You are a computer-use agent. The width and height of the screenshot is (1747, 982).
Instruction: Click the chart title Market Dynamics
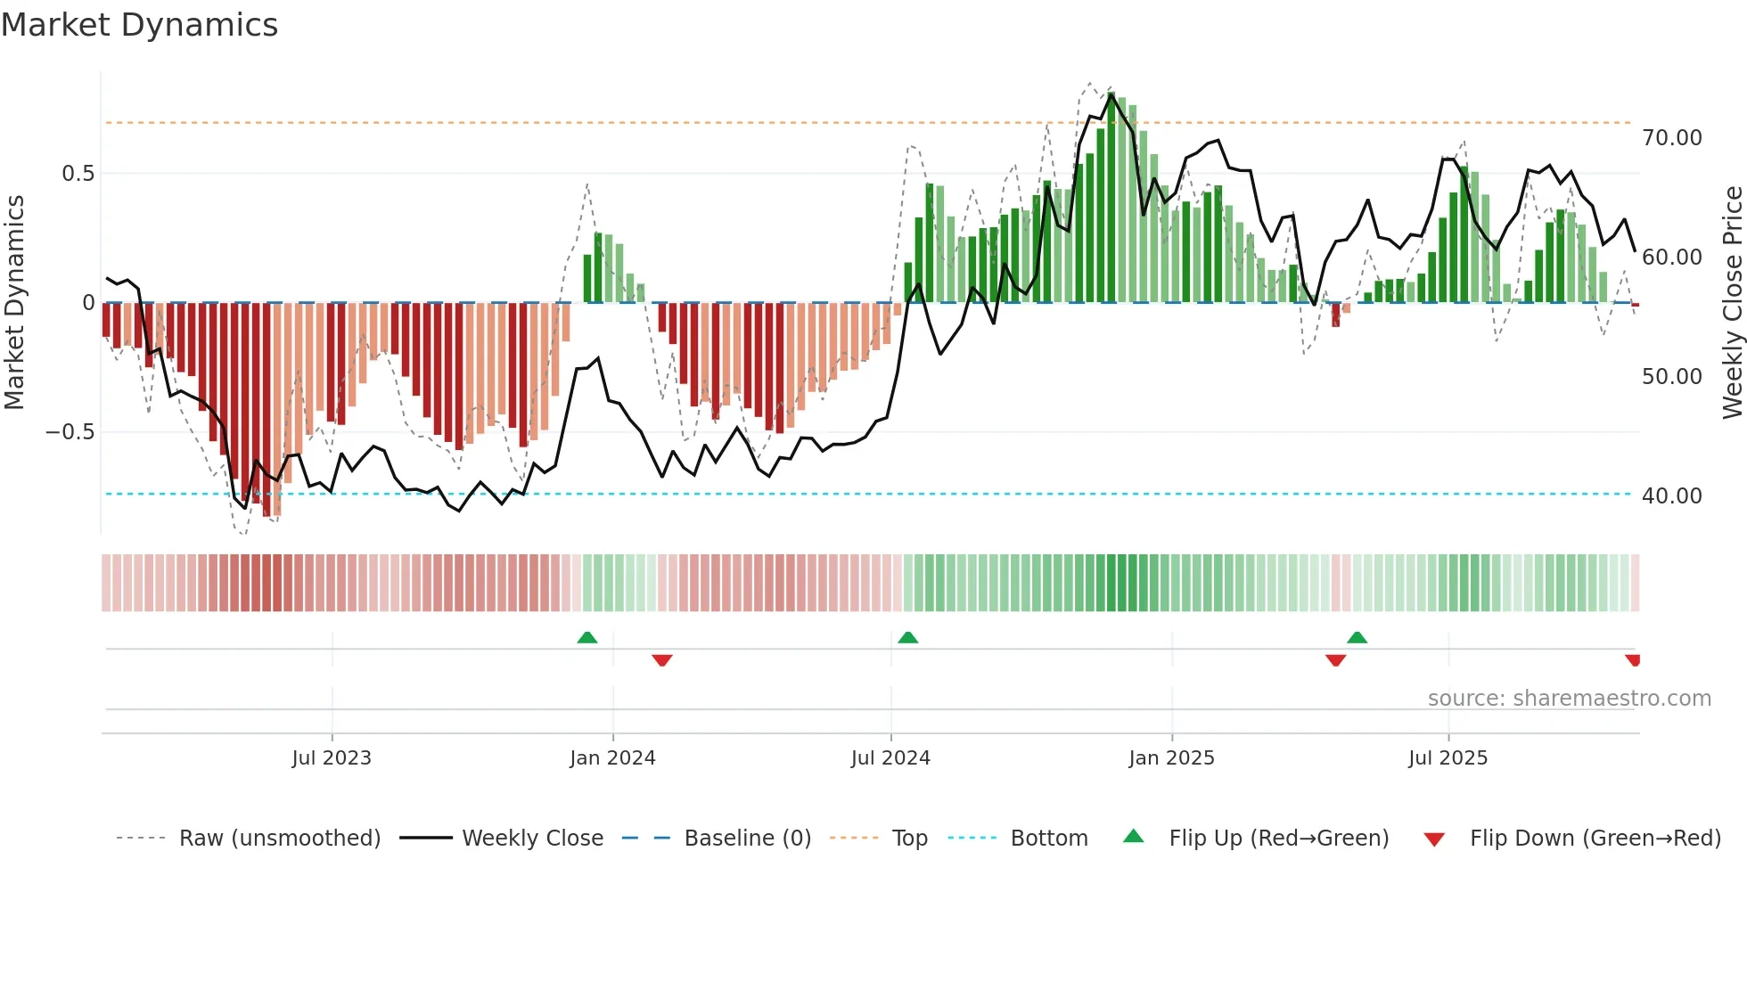(x=140, y=25)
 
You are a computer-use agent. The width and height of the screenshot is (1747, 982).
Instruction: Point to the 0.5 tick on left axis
(x=78, y=174)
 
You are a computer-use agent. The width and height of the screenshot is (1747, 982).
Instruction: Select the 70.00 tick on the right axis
(x=1671, y=138)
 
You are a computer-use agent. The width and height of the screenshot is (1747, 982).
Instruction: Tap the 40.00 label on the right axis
(x=1671, y=496)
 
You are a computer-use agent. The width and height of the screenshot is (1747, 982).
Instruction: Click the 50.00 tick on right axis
(x=1671, y=377)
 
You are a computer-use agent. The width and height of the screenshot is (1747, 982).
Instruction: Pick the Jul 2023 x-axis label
(x=332, y=758)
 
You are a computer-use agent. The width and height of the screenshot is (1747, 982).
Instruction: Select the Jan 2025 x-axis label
(x=1171, y=758)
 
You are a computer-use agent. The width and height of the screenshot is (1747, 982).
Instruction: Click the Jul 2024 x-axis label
(x=890, y=758)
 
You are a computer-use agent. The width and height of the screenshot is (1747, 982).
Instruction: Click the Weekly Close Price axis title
(x=1732, y=303)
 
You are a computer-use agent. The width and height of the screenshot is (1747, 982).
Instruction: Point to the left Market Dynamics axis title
(x=14, y=303)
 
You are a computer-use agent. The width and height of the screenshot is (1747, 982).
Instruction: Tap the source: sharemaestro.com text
(x=1569, y=699)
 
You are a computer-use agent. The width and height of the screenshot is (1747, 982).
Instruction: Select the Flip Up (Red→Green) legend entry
(x=1278, y=839)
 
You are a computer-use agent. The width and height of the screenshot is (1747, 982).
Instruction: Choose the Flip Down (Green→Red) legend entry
(x=1595, y=839)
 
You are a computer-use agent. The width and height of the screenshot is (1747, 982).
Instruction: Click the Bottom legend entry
(x=1048, y=839)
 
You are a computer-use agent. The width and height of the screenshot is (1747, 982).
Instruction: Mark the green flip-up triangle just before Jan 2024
(x=586, y=638)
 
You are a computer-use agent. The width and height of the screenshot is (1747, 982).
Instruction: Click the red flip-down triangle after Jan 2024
(x=661, y=660)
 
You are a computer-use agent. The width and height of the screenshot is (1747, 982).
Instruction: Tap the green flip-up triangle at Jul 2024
(x=907, y=638)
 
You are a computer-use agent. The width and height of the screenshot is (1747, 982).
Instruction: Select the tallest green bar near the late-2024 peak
(x=1111, y=196)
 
